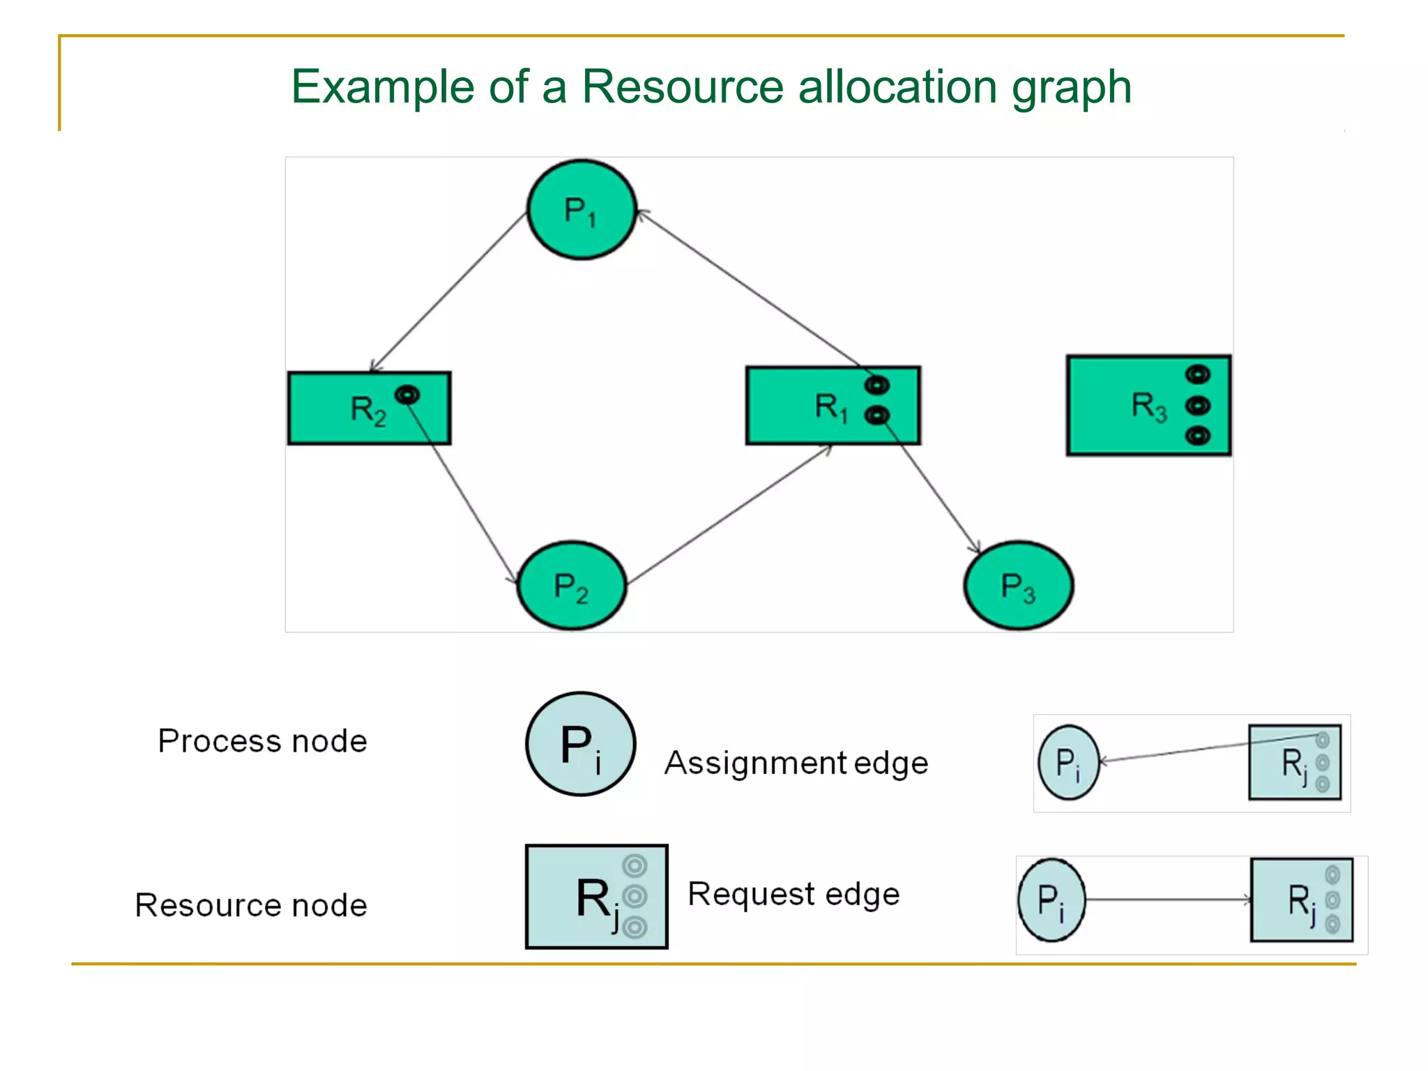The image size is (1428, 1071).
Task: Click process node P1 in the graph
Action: pyautogui.click(x=582, y=210)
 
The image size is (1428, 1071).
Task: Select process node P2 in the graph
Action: pyautogui.click(x=571, y=586)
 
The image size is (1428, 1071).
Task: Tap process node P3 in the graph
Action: pyautogui.click(x=1018, y=586)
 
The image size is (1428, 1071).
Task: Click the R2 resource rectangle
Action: pyautogui.click(x=349, y=418)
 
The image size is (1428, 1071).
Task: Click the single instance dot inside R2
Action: pyautogui.click(x=407, y=395)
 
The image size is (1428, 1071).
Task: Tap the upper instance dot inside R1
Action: pyautogui.click(x=877, y=385)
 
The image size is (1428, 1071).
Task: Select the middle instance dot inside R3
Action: pyautogui.click(x=1198, y=405)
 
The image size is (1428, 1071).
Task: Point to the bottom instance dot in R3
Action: pyautogui.click(x=1198, y=436)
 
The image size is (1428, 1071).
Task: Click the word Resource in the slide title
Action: pyautogui.click(x=683, y=87)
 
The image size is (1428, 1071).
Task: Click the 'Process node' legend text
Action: pyautogui.click(x=262, y=741)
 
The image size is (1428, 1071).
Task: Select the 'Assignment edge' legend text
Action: pyautogui.click(x=796, y=764)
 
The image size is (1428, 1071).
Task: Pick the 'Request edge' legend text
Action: pyautogui.click(x=793, y=895)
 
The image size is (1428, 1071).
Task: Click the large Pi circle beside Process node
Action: pyautogui.click(x=580, y=744)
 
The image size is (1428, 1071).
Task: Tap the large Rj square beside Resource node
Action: pyautogui.click(x=596, y=897)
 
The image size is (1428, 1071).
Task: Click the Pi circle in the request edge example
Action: pyautogui.click(x=1051, y=900)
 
